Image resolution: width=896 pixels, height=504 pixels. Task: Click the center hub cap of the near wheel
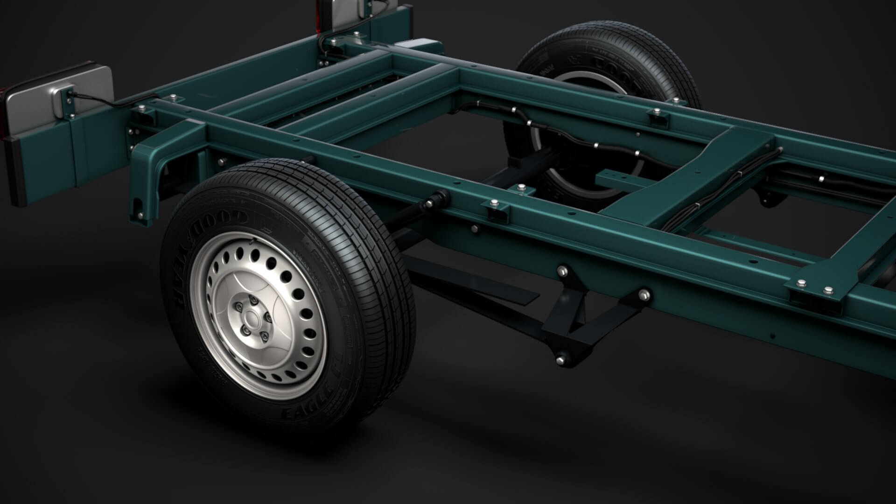tap(252, 320)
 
